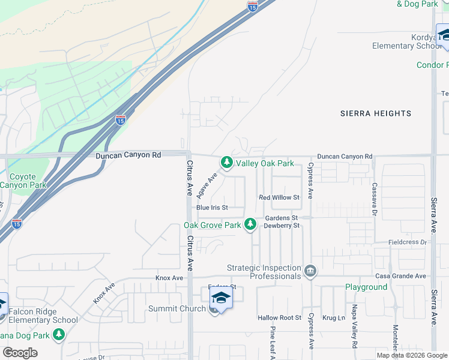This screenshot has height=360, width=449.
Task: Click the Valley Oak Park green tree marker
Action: point(226,162)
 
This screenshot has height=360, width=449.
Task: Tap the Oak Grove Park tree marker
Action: point(250,224)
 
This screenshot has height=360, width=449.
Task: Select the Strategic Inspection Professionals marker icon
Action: point(310,272)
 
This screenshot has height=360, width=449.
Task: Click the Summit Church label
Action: point(176,309)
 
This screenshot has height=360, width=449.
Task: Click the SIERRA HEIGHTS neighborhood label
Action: point(376,113)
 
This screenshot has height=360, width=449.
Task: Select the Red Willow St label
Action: point(279,197)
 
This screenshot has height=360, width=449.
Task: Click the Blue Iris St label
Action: point(212,208)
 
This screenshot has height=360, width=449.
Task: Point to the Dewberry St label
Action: point(282,226)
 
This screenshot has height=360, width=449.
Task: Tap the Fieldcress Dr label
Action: point(408,242)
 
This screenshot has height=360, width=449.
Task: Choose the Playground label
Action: point(366,287)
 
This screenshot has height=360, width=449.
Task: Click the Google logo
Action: point(20,353)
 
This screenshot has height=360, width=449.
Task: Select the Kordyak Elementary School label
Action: point(407,41)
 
